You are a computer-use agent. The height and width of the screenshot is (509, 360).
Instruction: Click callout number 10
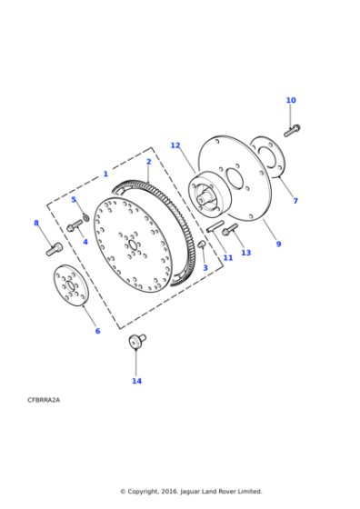[x=291, y=100]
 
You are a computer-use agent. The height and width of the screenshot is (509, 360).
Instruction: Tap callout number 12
[x=175, y=145]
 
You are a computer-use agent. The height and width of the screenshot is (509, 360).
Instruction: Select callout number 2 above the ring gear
[x=148, y=162]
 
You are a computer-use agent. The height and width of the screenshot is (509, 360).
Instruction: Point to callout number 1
[x=105, y=173]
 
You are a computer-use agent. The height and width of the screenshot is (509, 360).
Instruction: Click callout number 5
[x=74, y=199]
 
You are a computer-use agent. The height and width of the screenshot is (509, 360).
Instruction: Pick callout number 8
[x=36, y=223]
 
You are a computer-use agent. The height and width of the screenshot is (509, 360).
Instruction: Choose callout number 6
[x=97, y=331]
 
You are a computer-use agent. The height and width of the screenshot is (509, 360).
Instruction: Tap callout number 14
[x=136, y=381]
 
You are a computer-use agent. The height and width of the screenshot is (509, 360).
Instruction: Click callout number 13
[x=245, y=253]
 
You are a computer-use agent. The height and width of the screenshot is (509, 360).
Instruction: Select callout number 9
[x=278, y=244]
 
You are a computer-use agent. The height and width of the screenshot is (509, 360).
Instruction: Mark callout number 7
[x=295, y=200]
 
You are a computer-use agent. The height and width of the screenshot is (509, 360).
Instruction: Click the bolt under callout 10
[x=293, y=130]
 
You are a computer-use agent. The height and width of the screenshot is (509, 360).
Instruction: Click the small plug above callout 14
[x=137, y=342]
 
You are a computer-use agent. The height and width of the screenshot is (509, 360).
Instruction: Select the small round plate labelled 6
[x=67, y=286]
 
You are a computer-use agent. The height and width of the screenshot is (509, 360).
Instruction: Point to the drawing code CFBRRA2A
[x=45, y=399]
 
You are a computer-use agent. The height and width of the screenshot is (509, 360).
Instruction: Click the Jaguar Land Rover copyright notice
[x=191, y=491]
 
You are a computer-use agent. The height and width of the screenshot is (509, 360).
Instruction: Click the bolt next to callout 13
[x=228, y=230]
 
